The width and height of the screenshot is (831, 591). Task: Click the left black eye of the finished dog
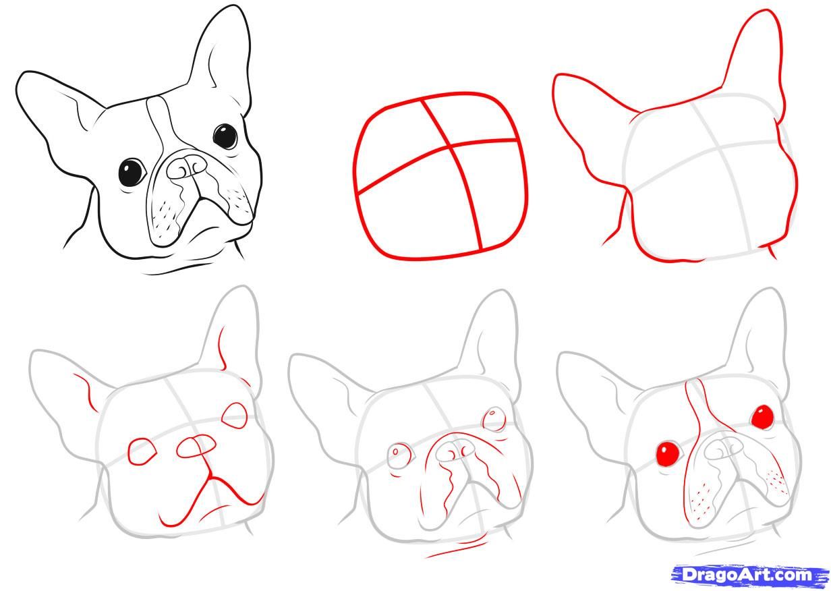(132, 171)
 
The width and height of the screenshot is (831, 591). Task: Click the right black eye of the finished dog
(225, 136)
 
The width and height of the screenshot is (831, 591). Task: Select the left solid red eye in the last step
(668, 453)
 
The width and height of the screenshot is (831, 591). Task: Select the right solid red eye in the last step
(763, 416)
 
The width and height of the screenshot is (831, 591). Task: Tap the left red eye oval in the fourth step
(141, 451)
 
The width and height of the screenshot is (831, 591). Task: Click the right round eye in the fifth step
(495, 418)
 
